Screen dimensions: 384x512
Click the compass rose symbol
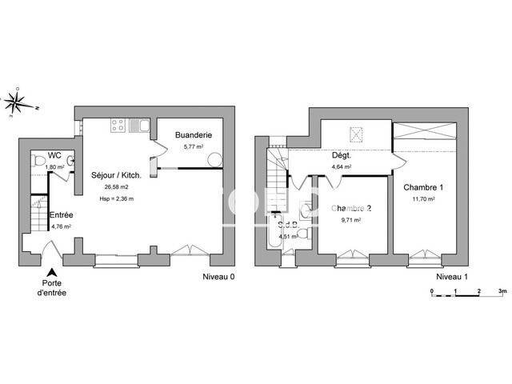[15, 102]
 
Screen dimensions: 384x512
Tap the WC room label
[54, 154]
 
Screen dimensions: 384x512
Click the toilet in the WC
[38, 162]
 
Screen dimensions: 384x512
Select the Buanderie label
[193, 136]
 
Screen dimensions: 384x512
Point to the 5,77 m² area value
[194, 146]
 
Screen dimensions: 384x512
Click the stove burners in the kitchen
[117, 125]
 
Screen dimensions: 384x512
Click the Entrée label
[62, 214]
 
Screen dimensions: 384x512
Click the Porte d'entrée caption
[52, 288]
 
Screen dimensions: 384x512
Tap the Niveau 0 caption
[219, 278]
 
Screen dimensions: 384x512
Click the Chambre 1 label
[422, 186]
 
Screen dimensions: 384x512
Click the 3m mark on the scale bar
[501, 292]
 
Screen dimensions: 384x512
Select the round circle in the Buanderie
[214, 159]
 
